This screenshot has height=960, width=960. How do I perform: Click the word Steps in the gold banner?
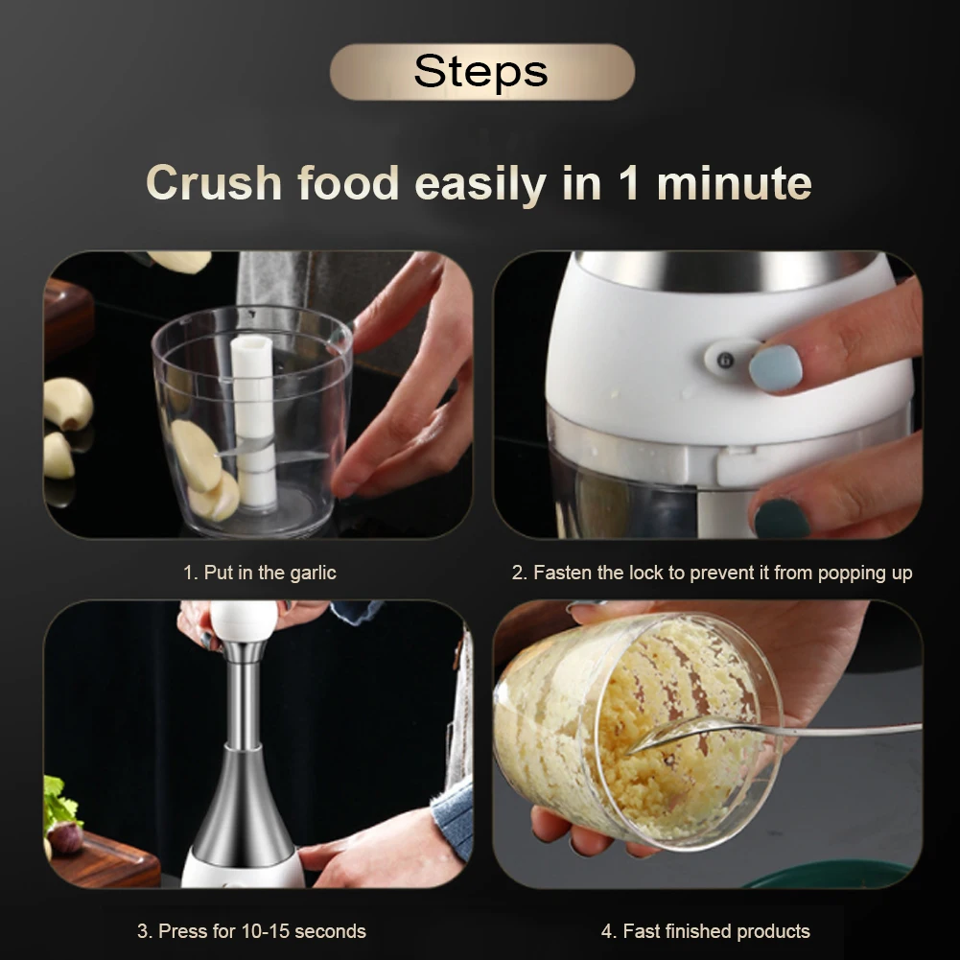(x=480, y=71)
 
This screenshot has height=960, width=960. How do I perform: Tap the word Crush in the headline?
(x=214, y=182)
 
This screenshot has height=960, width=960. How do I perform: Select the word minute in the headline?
(x=734, y=182)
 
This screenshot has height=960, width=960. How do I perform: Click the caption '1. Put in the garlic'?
(x=260, y=573)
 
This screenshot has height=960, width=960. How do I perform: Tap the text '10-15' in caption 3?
(x=267, y=931)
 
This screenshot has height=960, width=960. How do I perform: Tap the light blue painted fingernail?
(x=775, y=367)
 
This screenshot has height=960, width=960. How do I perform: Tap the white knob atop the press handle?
(x=244, y=620)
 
